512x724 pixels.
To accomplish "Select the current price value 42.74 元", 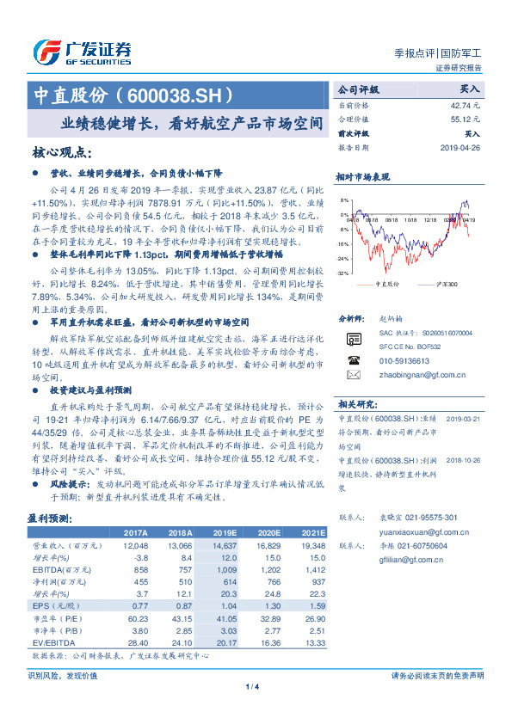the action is click(x=465, y=104).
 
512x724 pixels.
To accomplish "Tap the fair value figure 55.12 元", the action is click(x=465, y=120).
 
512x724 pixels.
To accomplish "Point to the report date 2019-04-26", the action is click(x=460, y=146).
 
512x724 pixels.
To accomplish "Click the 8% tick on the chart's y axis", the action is click(x=343, y=200).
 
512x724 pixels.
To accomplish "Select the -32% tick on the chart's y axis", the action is click(x=342, y=273).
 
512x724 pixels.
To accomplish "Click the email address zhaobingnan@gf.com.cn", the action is click(x=409, y=374).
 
